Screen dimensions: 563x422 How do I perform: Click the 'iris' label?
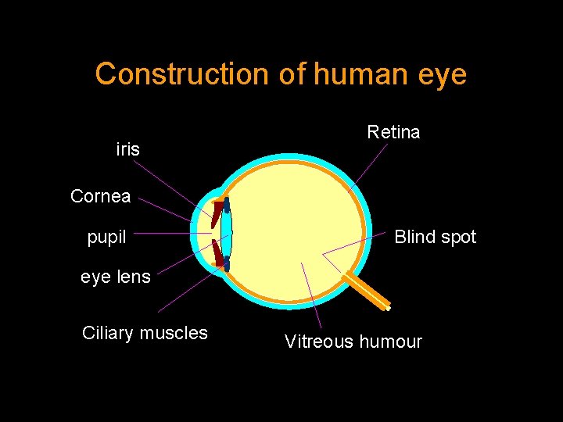127,149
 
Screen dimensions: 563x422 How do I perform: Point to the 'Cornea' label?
100,196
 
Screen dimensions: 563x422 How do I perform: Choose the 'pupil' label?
106,237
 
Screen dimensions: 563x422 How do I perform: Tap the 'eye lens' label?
116,277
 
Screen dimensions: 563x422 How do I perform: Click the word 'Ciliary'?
108,333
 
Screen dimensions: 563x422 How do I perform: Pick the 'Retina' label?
393,132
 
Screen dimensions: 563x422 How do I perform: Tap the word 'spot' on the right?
458,238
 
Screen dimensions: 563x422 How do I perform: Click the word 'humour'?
389,342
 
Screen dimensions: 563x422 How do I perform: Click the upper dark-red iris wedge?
216,213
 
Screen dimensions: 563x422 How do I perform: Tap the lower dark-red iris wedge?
217,253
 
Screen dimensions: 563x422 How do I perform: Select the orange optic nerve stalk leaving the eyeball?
368,289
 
